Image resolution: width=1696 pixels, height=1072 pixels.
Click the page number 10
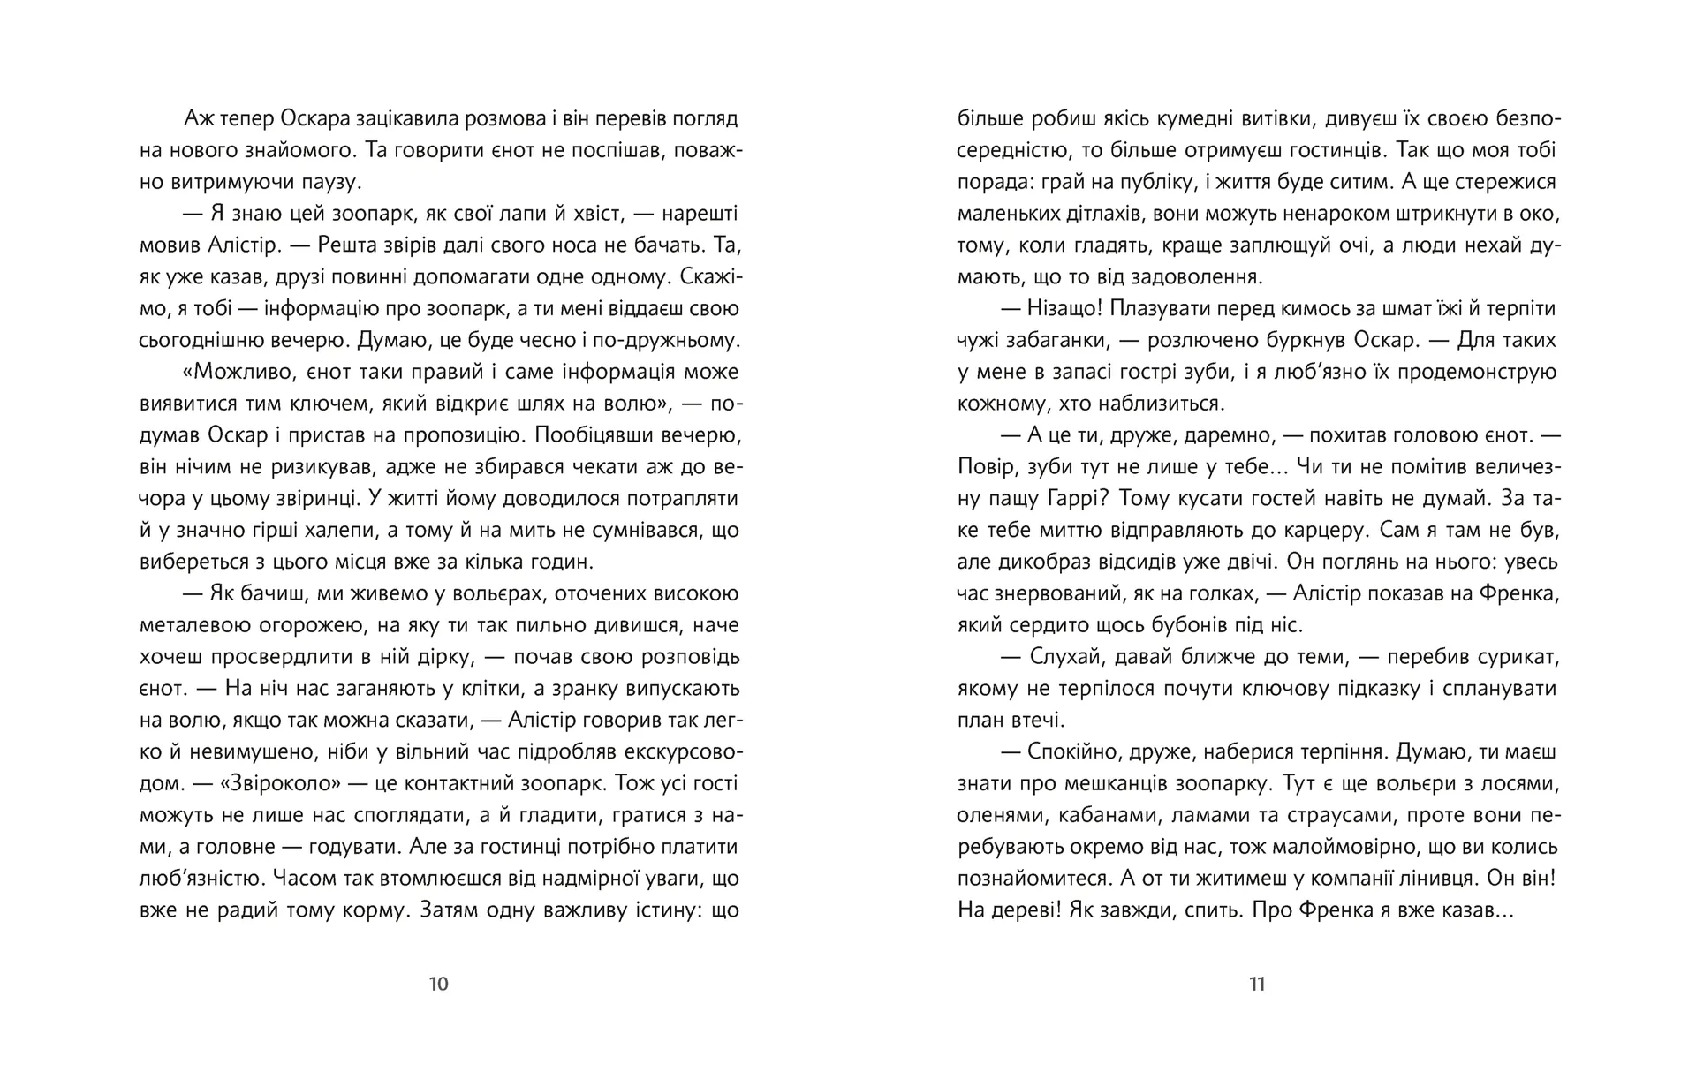point(439,984)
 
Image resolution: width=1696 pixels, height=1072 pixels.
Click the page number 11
point(1257,984)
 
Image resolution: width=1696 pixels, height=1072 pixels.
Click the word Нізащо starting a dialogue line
point(1062,308)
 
